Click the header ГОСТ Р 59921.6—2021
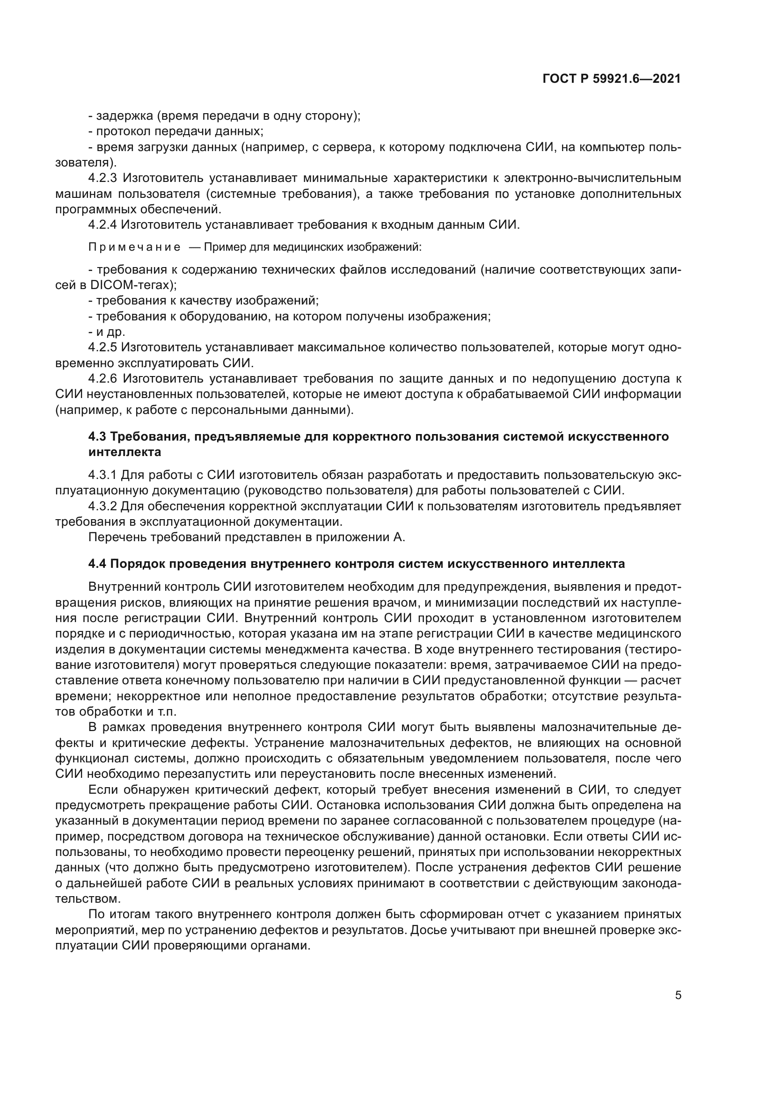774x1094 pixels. pos(612,79)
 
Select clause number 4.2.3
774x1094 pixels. pos(103,178)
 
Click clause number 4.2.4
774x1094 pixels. pos(103,225)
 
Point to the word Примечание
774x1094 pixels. pos(134,247)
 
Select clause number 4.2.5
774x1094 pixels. pos(103,348)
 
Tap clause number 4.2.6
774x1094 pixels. pos(103,378)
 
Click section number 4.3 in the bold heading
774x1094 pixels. pos(97,436)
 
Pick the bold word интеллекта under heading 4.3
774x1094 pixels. pos(125,452)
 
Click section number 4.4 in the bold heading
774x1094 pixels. pos(97,564)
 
